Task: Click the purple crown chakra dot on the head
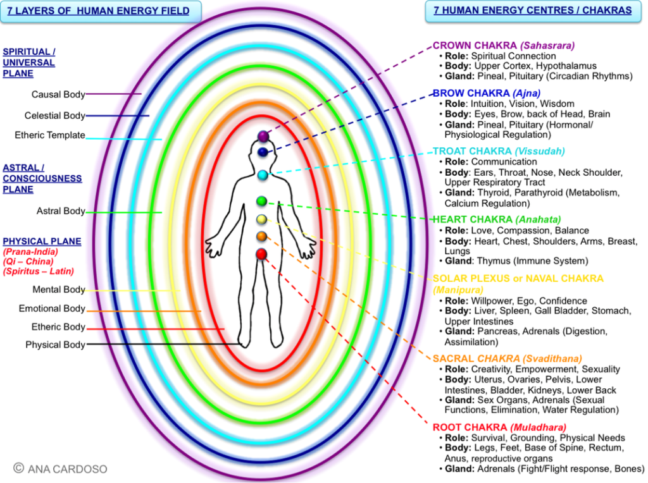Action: pos(263,137)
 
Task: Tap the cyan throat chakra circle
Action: pos(263,174)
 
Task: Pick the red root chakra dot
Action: pos(261,254)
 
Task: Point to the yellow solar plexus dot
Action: pos(261,219)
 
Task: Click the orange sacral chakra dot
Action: pos(261,236)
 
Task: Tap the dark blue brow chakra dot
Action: pos(263,152)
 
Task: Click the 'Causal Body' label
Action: pos(58,95)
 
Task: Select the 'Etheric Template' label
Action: pos(50,135)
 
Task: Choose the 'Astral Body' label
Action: pos(61,211)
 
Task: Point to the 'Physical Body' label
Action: pos(55,345)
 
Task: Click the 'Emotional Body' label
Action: pos(52,309)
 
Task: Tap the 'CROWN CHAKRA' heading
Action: pos(475,46)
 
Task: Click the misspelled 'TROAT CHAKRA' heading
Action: pos(472,151)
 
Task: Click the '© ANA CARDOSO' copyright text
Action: pos(61,468)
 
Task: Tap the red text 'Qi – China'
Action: pos(28,261)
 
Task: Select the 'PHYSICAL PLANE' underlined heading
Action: pos(42,241)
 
